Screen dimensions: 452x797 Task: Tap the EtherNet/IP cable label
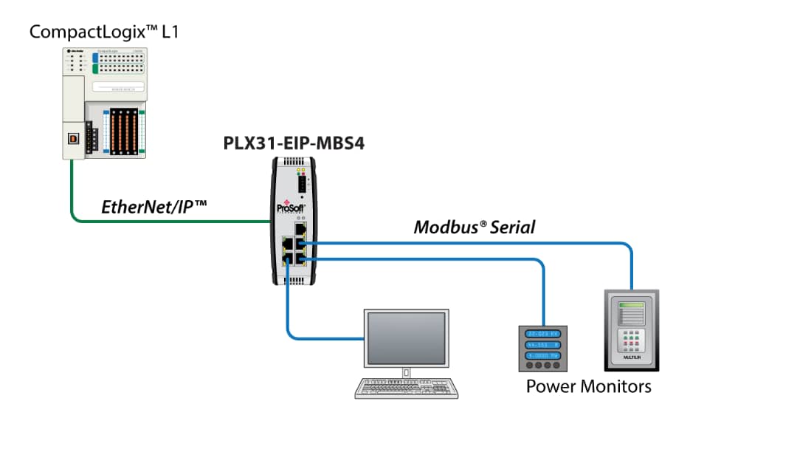point(153,208)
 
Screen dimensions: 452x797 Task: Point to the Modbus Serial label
point(474,227)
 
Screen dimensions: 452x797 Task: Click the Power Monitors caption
point(588,386)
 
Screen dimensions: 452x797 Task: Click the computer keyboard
point(406,388)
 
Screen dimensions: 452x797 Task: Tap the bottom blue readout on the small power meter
point(542,355)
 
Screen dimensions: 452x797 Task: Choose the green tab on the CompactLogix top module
point(95,69)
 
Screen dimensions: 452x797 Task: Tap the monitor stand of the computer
point(407,369)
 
